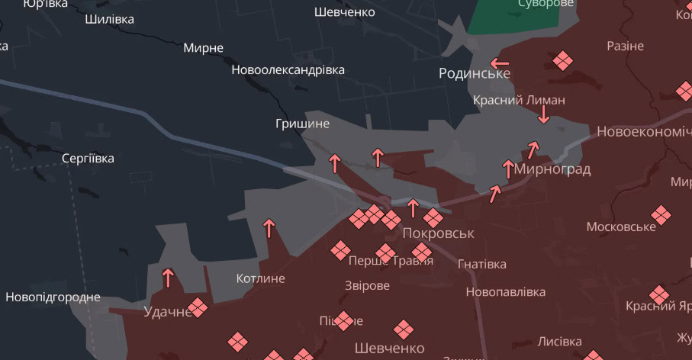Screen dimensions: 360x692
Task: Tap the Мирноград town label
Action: point(552,169)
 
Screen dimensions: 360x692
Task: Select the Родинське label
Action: point(474,73)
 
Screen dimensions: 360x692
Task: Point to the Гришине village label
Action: point(303,124)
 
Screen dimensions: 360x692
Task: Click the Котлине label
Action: point(261,278)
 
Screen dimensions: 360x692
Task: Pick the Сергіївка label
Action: point(88,159)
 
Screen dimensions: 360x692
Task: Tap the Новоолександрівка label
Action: point(288,70)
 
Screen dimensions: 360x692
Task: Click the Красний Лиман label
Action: point(519,100)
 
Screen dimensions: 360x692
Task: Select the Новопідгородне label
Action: point(53,297)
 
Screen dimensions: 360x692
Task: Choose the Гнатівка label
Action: point(481,264)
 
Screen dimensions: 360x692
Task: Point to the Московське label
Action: point(621,227)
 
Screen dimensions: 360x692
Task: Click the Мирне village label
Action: point(203,48)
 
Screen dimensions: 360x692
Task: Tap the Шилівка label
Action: point(110,19)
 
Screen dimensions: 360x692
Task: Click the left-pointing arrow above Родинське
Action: point(500,63)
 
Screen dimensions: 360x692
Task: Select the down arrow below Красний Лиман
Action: point(543,114)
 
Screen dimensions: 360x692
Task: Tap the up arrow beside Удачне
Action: point(168,277)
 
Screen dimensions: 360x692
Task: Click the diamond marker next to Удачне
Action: point(198,307)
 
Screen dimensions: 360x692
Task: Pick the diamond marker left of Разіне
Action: point(563,60)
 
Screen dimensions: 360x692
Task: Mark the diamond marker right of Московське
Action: point(661,216)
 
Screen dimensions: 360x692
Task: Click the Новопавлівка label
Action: point(505,292)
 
